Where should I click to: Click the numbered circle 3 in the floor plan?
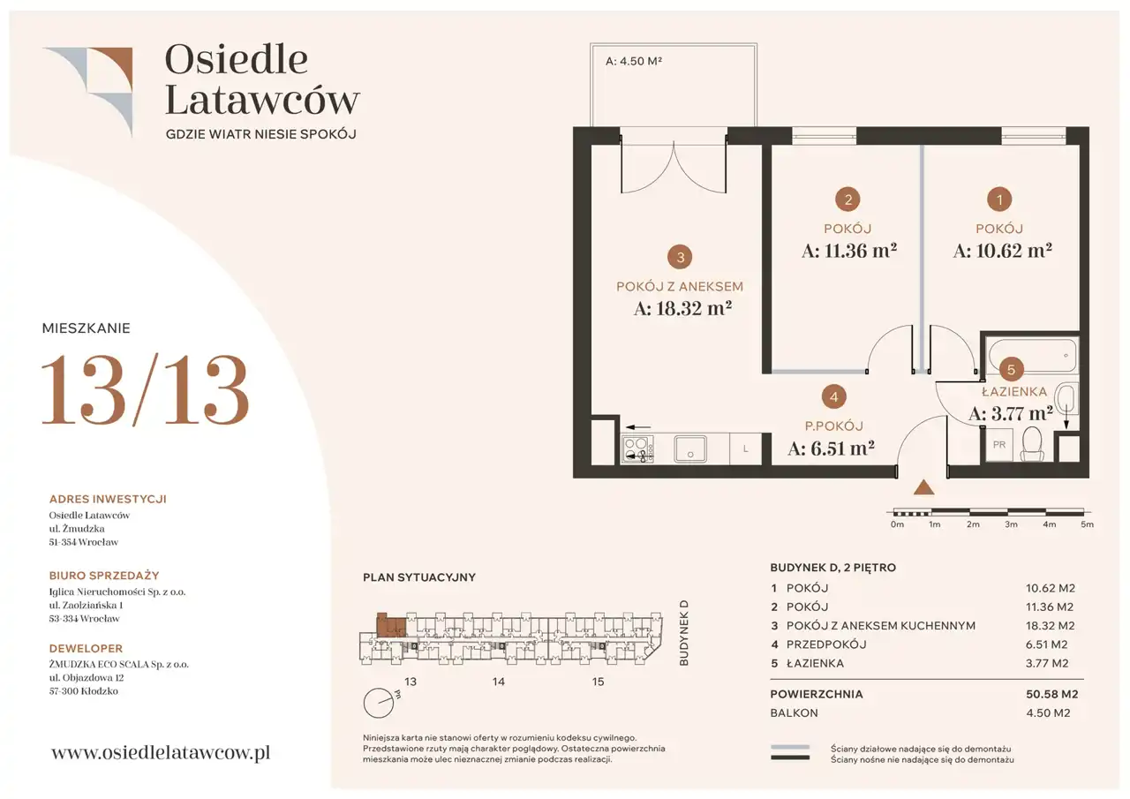click(680, 257)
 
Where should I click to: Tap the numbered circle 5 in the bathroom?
click(1011, 370)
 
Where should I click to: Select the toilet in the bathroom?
click(1032, 444)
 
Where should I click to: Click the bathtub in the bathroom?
click(1032, 356)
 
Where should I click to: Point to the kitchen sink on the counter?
click(690, 448)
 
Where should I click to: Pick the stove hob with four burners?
click(637, 448)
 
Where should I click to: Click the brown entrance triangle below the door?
click(923, 486)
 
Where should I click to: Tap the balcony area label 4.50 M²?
click(634, 61)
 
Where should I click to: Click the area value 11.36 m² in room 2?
click(849, 251)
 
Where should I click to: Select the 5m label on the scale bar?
click(1087, 524)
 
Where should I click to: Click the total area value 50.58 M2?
click(1051, 694)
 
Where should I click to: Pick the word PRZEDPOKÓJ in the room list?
click(826, 644)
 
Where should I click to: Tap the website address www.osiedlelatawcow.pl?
click(161, 753)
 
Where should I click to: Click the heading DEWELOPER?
click(86, 648)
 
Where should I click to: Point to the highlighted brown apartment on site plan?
click(391, 625)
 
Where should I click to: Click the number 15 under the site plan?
click(598, 682)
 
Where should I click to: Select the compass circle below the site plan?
click(379, 703)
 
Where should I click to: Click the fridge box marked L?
click(746, 448)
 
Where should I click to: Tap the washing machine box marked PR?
click(998, 445)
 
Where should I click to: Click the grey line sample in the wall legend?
click(789, 748)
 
